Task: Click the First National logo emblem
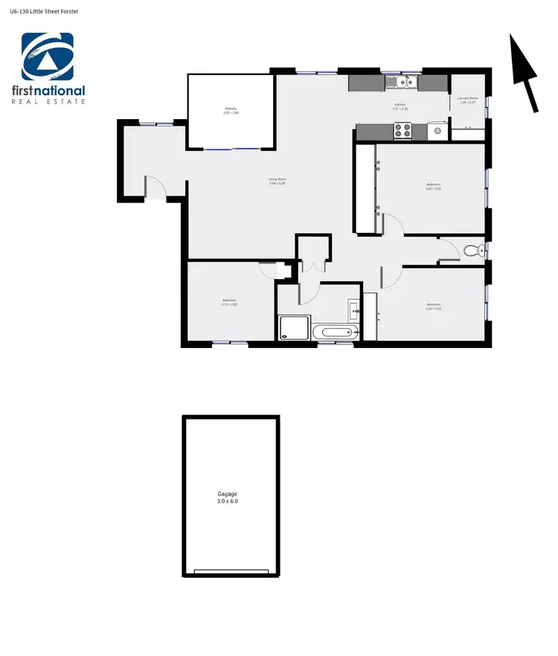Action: (48, 57)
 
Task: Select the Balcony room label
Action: (231, 111)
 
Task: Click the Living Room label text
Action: (278, 181)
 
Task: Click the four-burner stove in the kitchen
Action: (403, 131)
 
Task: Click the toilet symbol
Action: (474, 251)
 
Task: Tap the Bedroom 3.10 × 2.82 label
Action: (229, 302)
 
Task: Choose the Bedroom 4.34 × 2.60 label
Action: (433, 306)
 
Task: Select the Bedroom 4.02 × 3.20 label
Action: (433, 186)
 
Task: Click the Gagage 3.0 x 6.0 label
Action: (228, 498)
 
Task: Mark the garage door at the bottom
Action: (231, 572)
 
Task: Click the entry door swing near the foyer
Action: (153, 187)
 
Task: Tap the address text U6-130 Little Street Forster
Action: (45, 13)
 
